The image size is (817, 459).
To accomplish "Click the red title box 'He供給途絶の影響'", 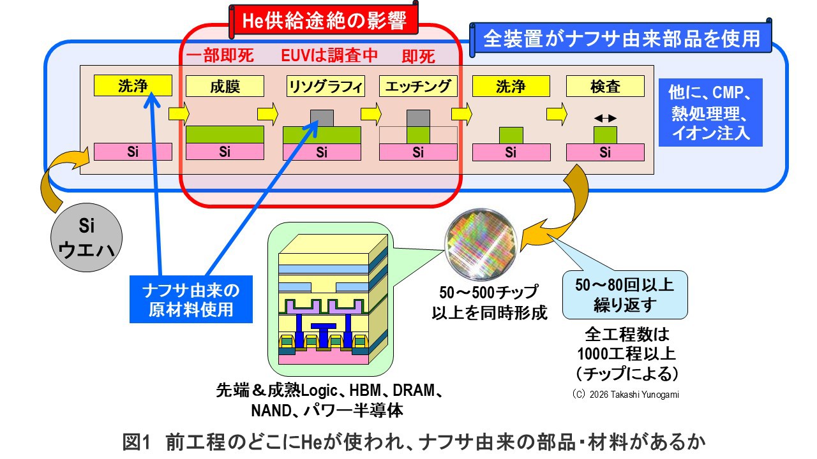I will point(325,20).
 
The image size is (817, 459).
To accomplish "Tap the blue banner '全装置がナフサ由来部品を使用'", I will point(622,38).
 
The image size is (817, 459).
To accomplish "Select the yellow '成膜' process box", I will point(225,86).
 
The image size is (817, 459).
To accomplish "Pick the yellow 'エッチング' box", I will point(418,86).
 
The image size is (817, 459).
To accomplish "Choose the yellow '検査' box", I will point(605,86).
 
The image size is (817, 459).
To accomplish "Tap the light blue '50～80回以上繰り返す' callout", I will point(624,294).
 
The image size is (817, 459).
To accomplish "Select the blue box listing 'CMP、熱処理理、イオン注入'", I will point(710,112).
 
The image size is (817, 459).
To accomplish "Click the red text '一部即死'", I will point(220,56).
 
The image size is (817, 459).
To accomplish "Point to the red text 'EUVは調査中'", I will point(330,56).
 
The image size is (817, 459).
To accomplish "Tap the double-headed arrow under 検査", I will point(605,118).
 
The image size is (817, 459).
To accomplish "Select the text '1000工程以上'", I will point(626,353).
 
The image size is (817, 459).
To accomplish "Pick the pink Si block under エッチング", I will point(418,152).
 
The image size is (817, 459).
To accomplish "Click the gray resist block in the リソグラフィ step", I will point(322,118).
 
